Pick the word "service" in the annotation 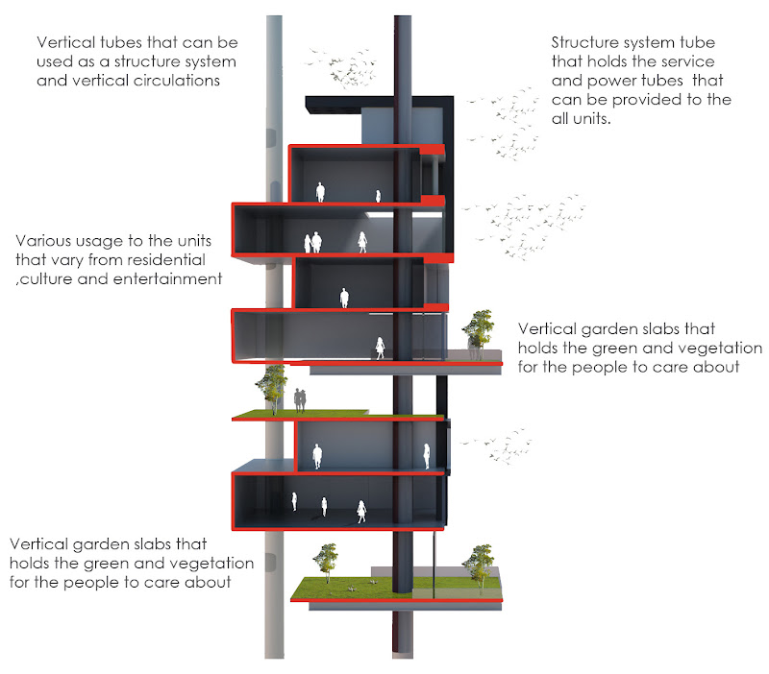pyautogui.click(x=675, y=62)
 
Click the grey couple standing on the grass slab pyautogui.click(x=302, y=397)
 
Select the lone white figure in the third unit pyautogui.click(x=343, y=298)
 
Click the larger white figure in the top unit pyautogui.click(x=321, y=192)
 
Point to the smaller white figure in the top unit pyautogui.click(x=378, y=196)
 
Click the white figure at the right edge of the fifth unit pyautogui.click(x=427, y=454)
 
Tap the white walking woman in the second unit pyautogui.click(x=363, y=242)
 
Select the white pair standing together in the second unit pyautogui.click(x=312, y=243)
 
